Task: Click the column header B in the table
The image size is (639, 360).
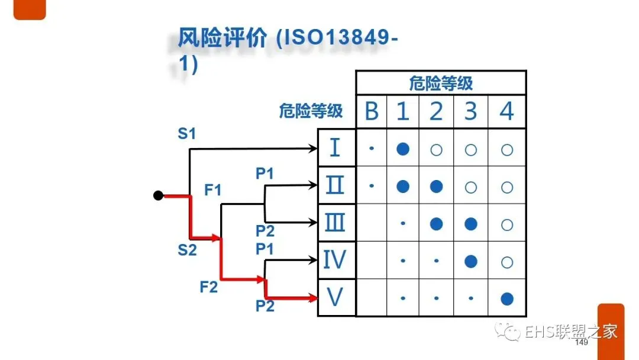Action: pyautogui.click(x=371, y=111)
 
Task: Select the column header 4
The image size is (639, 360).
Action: pyautogui.click(x=506, y=111)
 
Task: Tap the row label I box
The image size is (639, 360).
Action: pyautogui.click(x=336, y=147)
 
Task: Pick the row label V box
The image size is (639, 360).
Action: pyautogui.click(x=335, y=297)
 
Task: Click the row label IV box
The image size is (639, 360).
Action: pyautogui.click(x=335, y=260)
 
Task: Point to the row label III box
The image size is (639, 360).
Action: pyautogui.click(x=335, y=223)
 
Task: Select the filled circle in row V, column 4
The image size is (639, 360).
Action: pyautogui.click(x=506, y=298)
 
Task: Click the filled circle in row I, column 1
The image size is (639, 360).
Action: pyautogui.click(x=402, y=149)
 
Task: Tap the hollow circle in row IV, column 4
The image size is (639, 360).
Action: pyautogui.click(x=506, y=261)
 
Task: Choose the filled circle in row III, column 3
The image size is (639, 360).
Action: pyautogui.click(x=471, y=224)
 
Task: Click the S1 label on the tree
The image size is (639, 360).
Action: pyautogui.click(x=187, y=134)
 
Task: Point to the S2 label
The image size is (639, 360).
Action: pyautogui.click(x=187, y=250)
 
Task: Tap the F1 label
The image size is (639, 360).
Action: pyautogui.click(x=213, y=190)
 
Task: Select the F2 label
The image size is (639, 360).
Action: pyautogui.click(x=208, y=288)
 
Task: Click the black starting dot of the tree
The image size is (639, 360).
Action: pyautogui.click(x=158, y=195)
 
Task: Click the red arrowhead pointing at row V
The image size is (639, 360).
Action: pyautogui.click(x=313, y=298)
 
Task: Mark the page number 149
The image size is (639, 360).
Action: pyautogui.click(x=581, y=343)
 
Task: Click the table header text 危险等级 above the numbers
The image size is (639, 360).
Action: pyautogui.click(x=441, y=83)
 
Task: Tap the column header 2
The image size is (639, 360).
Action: pyautogui.click(x=436, y=111)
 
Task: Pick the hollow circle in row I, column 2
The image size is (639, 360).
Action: pyautogui.click(x=436, y=150)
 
